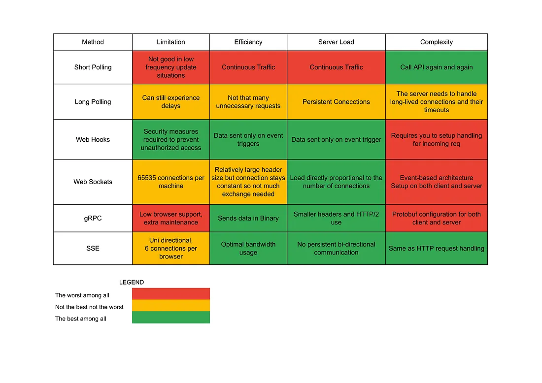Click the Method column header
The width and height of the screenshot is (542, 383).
[93, 42]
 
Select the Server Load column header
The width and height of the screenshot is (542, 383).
[336, 42]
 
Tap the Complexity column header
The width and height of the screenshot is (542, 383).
[436, 42]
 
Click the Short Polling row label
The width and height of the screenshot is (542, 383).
[93, 67]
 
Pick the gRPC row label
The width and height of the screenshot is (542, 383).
[93, 218]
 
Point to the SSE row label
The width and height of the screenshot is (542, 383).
[93, 249]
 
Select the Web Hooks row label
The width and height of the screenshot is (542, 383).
[93, 139]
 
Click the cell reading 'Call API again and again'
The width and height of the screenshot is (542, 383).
[436, 67]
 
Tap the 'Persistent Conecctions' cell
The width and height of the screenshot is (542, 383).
[336, 102]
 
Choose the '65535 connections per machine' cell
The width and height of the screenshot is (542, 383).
[171, 182]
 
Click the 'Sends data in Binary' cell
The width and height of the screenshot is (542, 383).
[248, 218]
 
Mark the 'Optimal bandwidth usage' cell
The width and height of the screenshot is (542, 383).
[248, 249]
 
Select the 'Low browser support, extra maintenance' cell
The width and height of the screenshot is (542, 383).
[171, 218]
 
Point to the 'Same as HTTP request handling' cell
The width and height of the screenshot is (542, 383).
[436, 249]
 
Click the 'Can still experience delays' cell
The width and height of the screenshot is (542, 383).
[171, 102]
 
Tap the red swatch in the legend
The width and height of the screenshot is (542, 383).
[171, 294]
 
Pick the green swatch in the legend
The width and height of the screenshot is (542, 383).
[171, 318]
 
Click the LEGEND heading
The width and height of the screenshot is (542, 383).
[132, 283]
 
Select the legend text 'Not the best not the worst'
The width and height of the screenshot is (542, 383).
[90, 307]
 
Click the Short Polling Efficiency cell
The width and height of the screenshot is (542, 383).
[248, 67]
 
